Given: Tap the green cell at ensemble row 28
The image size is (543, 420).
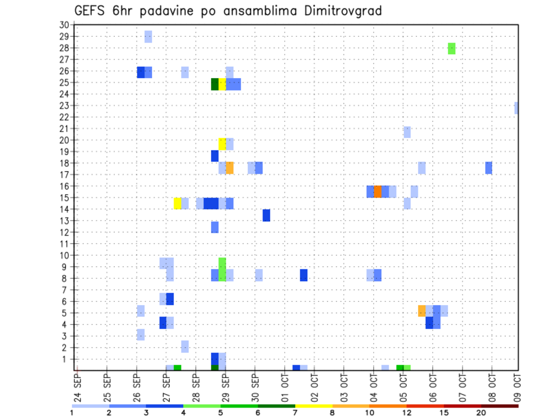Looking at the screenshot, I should click(x=451, y=49).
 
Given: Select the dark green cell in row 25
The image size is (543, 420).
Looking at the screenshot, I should click(x=215, y=84).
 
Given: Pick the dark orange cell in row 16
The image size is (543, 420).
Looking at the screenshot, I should click(x=378, y=191).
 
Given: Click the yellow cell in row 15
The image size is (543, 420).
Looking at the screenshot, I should click(x=178, y=203).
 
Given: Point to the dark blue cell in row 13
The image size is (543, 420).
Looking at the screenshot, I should click(x=266, y=215).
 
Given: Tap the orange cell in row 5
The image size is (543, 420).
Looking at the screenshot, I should click(x=422, y=311).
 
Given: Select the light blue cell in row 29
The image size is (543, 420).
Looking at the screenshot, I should click(x=148, y=37).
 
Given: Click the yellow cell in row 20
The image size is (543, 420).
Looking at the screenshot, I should click(x=222, y=144).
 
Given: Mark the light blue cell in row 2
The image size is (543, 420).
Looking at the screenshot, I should click(x=185, y=346).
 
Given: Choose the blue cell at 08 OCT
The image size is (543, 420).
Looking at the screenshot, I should click(x=489, y=168).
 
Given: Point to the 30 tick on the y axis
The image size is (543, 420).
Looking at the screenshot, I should click(x=64, y=25).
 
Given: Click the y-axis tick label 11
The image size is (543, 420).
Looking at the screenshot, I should click(x=64, y=244).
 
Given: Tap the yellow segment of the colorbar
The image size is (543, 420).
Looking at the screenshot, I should click(x=314, y=406).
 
